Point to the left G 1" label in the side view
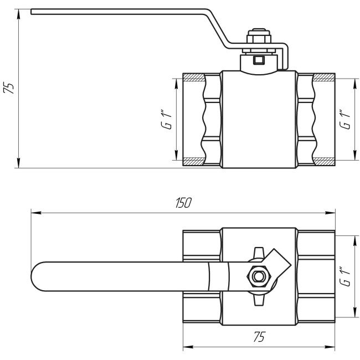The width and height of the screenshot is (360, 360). point(164,120)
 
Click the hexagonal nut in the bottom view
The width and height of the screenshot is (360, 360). point(258,275)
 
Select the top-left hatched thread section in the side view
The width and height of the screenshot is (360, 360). point(193,77)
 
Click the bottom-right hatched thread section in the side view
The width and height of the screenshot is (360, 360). point(323,162)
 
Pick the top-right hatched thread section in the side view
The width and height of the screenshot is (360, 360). point(323,77)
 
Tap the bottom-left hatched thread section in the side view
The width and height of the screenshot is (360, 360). point(193,162)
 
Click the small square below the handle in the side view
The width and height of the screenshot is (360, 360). point(258,60)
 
